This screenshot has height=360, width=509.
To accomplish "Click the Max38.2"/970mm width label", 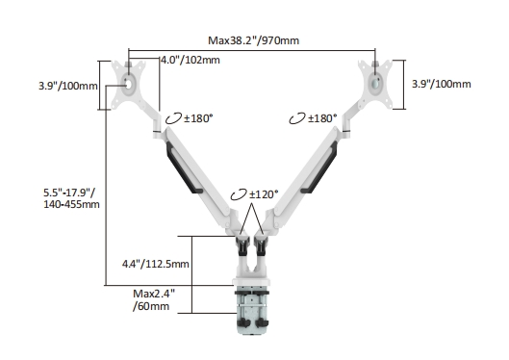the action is tap(253, 40).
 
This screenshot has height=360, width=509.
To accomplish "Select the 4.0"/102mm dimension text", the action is tap(191, 60).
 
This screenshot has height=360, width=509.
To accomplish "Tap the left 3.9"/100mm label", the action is tap(68, 86).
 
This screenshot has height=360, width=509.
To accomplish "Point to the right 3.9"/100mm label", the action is tap(441, 84).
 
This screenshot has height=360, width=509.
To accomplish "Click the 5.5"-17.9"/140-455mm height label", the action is tap(71, 198).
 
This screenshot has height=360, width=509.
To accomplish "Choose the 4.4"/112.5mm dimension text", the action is tap(156, 264).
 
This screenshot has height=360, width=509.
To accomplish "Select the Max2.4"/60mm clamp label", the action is tap(154, 299).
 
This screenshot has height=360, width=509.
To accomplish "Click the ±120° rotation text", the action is tap(264, 194).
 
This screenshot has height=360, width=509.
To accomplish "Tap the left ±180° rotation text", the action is tap(198, 118).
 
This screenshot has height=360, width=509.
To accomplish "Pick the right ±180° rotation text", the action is tap(322, 118).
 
